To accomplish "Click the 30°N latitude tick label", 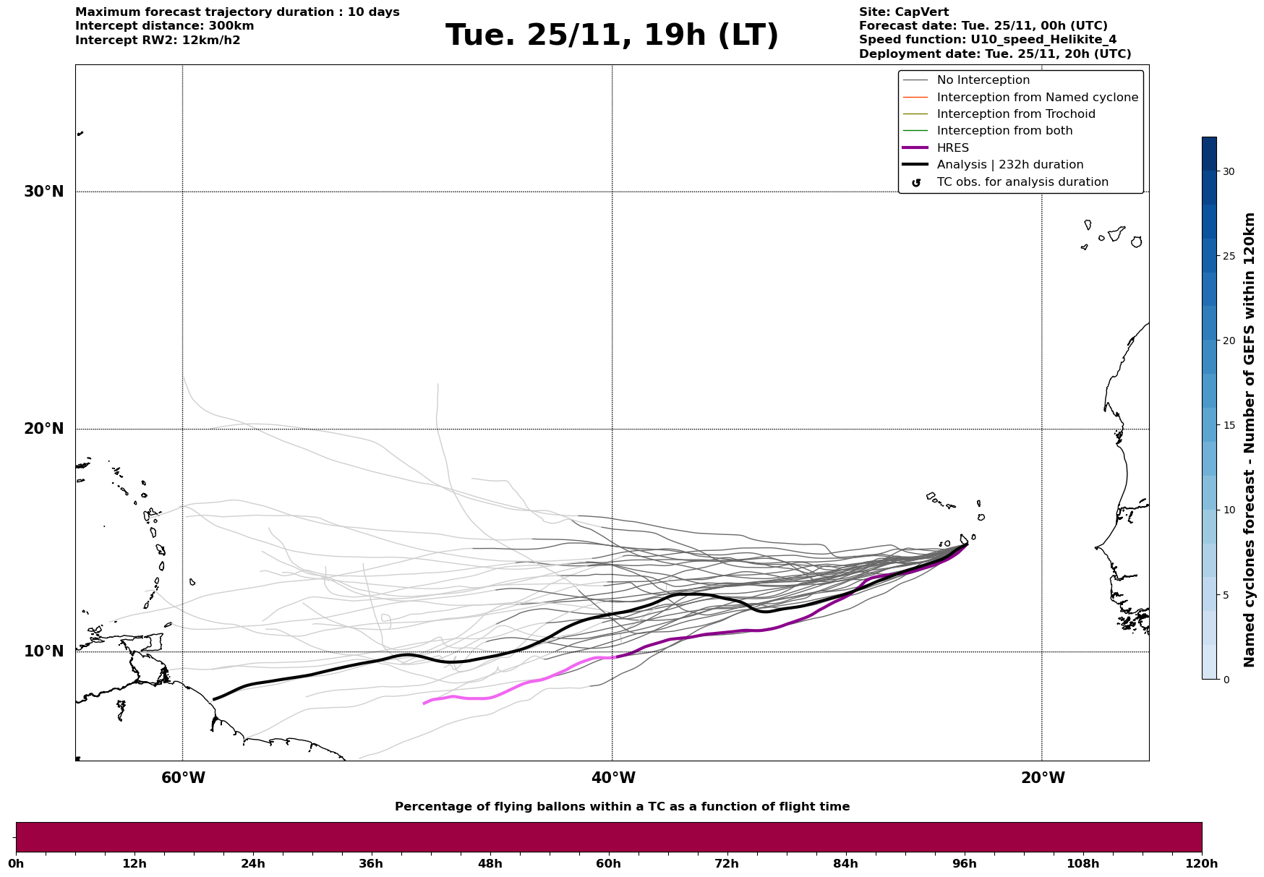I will pos(43,192).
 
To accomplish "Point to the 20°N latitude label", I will pos(43,429).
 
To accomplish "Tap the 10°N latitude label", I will pos(43,651).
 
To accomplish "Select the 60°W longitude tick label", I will pos(183,778).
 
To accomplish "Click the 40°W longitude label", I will pos(613,778).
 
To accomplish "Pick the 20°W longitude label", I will pos(1043,778).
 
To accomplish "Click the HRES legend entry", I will pos(952,148).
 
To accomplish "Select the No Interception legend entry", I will pos(983,80).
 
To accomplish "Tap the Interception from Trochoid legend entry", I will pos(1015,114).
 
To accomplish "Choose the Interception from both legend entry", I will pos(1004,131).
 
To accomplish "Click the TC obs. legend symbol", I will pos(916,183).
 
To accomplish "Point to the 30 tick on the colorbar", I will pos(1229,171).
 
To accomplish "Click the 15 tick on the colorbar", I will pos(1229,425).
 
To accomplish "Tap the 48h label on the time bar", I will pos(490,863).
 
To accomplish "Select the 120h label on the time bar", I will pos(1201,863).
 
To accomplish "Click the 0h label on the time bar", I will pos(16,863).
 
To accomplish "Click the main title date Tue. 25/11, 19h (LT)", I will pos(612,35).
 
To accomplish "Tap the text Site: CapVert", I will pos(903,12).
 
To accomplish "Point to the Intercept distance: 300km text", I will pos(164,26).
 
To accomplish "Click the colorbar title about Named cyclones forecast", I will pos(1249,440).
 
